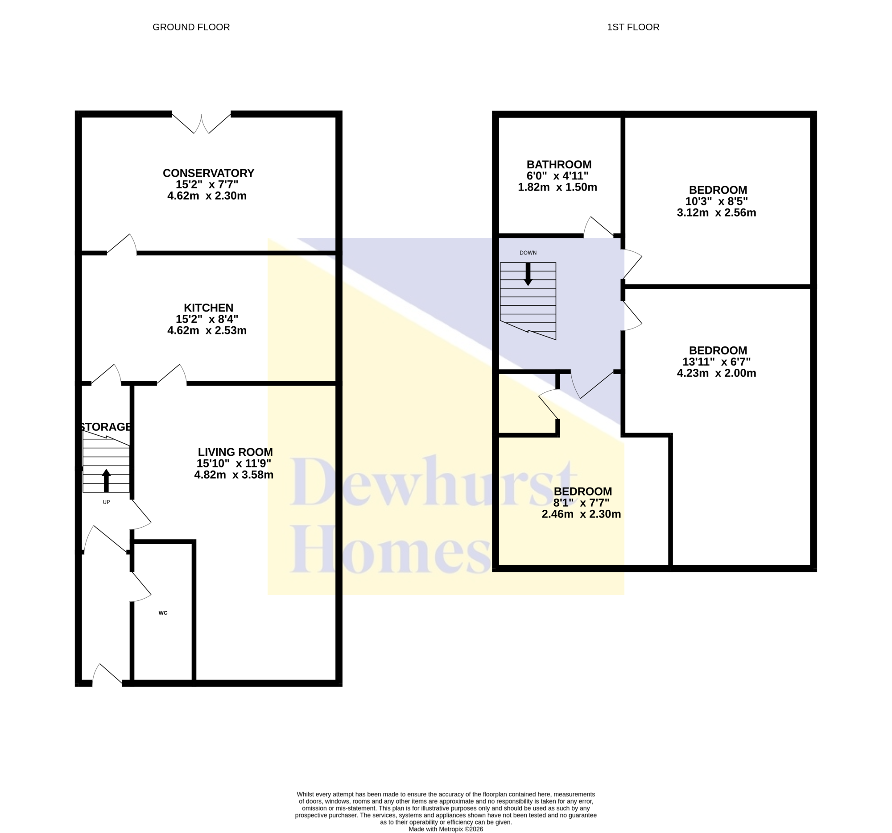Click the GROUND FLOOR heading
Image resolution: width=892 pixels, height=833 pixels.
[191, 27]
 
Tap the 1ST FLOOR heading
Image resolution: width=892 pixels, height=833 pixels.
[633, 27]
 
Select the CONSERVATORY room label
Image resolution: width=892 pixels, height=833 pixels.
[208, 173]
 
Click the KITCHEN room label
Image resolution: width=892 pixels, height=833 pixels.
[209, 308]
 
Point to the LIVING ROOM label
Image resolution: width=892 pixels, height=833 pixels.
[235, 452]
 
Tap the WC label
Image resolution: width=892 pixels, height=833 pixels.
[163, 613]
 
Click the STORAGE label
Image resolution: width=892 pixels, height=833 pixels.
[106, 427]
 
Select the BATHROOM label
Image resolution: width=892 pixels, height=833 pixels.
[559, 165]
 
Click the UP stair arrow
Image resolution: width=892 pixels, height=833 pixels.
[106, 480]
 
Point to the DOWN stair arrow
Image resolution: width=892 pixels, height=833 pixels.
[528, 275]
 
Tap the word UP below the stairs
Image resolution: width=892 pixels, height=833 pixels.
[106, 502]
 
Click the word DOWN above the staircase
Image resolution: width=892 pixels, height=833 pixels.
[528, 253]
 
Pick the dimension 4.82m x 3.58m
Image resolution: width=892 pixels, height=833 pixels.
[234, 475]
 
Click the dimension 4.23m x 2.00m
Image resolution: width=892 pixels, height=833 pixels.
[717, 373]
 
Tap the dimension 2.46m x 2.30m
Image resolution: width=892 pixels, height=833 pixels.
[581, 514]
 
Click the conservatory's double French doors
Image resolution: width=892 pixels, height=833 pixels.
[202, 123]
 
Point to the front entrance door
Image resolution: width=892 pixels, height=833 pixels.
[107, 675]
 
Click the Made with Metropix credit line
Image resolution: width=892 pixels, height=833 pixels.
[446, 829]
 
